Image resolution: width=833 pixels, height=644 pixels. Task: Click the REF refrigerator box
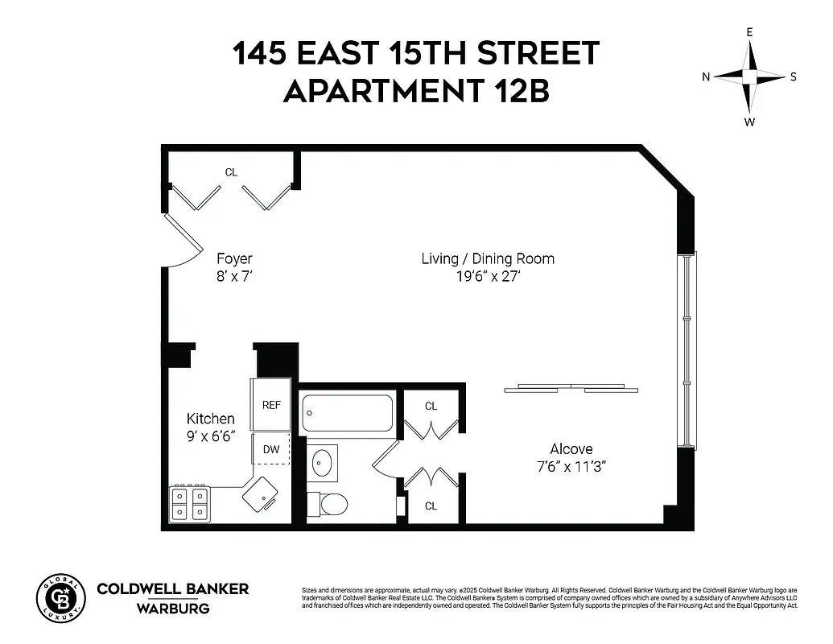tap(271, 405)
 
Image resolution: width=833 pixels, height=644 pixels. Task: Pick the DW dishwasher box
tap(271, 449)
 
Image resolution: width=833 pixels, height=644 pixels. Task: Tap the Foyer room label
tap(234, 259)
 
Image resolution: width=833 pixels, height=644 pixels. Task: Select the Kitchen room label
tap(211, 419)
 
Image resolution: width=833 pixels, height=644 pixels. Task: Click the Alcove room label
tap(571, 449)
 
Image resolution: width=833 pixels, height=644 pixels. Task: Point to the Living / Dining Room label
tap(488, 259)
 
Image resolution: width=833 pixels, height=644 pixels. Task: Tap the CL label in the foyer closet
tap(231, 172)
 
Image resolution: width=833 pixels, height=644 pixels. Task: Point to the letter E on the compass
tap(749, 32)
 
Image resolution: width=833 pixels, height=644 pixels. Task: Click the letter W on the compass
tap(749, 122)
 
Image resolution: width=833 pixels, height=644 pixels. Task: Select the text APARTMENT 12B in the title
tap(416, 91)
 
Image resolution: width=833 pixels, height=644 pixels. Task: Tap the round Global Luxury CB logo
tap(60, 599)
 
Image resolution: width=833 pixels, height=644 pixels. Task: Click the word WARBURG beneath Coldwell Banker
tap(173, 608)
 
